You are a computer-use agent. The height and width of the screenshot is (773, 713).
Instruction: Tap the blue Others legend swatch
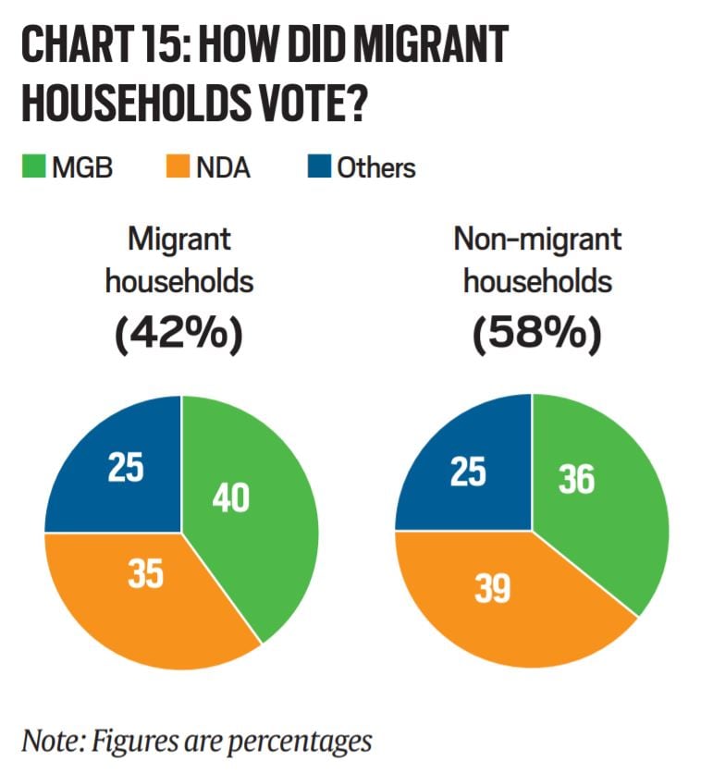(318, 168)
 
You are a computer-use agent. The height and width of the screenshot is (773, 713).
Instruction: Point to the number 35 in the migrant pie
(145, 574)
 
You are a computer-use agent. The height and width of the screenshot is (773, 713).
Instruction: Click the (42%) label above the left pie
(178, 335)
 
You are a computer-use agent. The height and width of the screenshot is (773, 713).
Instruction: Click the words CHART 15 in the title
(111, 46)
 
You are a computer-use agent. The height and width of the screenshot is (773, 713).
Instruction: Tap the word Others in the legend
(375, 168)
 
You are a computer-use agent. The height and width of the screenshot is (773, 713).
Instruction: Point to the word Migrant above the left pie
(178, 240)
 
